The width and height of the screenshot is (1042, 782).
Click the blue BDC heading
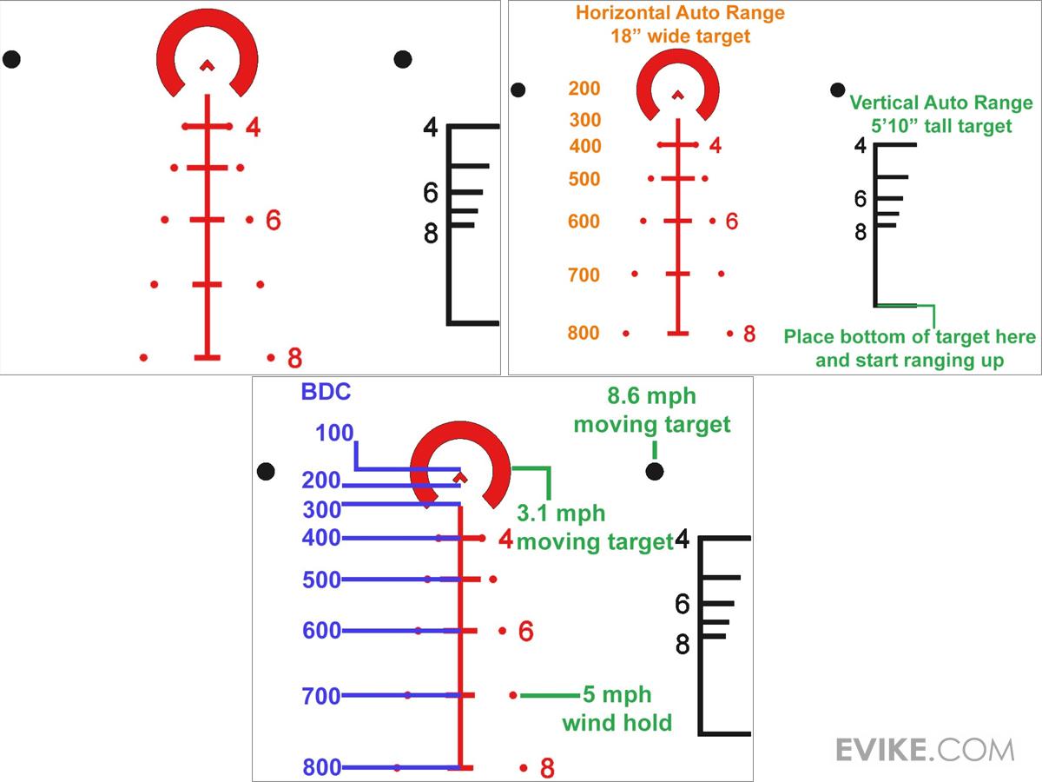(326, 392)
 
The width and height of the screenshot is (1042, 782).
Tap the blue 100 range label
(334, 432)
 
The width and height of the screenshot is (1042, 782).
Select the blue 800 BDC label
(321, 767)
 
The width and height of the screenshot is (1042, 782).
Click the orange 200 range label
(584, 89)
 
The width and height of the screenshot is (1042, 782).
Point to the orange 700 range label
(584, 275)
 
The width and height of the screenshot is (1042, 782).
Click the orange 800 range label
(584, 333)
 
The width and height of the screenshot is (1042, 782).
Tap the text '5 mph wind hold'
(617, 708)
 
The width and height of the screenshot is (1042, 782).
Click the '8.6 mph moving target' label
(652, 410)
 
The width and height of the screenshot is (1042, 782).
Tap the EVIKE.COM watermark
(924, 749)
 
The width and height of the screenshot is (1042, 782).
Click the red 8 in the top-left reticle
(294, 357)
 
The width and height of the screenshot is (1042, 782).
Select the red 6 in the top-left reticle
(274, 220)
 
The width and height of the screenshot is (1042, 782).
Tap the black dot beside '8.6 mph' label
(655, 471)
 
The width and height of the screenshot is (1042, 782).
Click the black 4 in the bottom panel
(683, 540)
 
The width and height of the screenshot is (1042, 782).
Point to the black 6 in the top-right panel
(860, 199)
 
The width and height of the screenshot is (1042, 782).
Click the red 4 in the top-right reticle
(716, 146)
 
